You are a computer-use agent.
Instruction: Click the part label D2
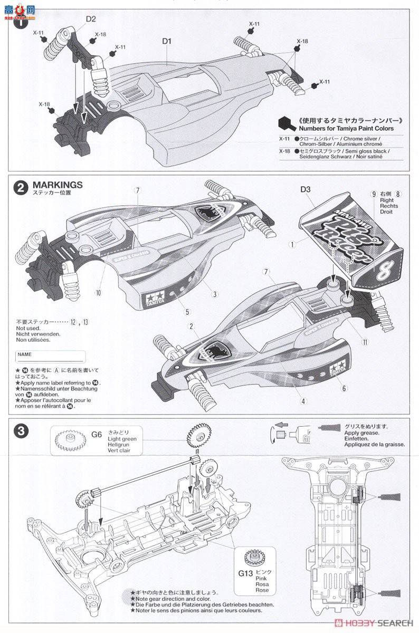91,19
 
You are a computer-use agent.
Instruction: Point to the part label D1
167,40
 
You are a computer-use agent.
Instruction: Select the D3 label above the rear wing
306,189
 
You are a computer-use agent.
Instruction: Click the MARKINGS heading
58,185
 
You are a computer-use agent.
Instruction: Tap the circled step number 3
20,430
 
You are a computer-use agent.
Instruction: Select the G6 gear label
96,434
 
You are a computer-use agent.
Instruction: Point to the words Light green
121,439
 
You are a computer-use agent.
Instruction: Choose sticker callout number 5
187,312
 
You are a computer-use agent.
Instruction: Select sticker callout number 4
303,401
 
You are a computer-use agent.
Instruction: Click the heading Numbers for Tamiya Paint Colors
346,128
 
